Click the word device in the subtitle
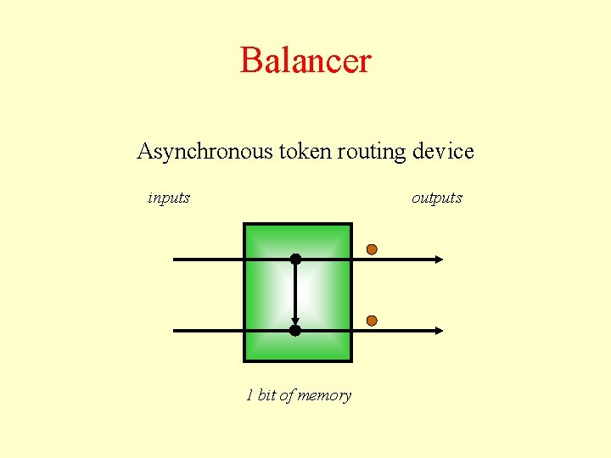point(442,153)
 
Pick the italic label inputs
point(169,198)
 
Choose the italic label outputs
point(437,198)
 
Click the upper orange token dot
point(372,249)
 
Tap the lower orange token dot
point(372,321)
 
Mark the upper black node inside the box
point(295,259)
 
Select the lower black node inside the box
point(295,330)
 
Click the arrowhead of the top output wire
point(439,259)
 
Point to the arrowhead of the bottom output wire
point(439,330)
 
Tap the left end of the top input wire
point(175,259)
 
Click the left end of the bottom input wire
point(175,330)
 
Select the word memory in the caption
point(324,396)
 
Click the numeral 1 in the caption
point(249,395)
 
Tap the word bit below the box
point(266,395)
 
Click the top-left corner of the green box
point(244,224)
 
